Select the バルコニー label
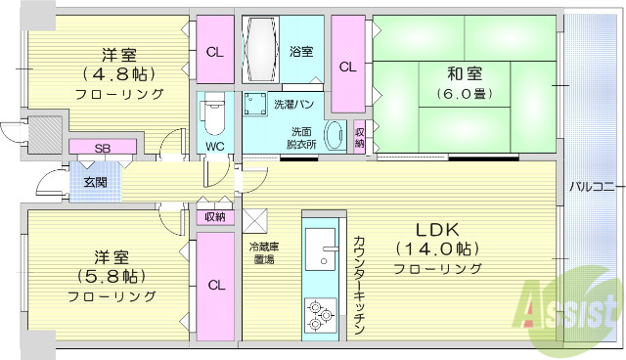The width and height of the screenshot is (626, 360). click(592, 185)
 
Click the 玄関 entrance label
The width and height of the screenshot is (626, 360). click(95, 182)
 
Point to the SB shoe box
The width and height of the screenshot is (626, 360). click(102, 148)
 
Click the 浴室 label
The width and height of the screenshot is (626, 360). click(301, 51)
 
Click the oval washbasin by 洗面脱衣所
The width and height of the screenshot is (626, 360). click(334, 136)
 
